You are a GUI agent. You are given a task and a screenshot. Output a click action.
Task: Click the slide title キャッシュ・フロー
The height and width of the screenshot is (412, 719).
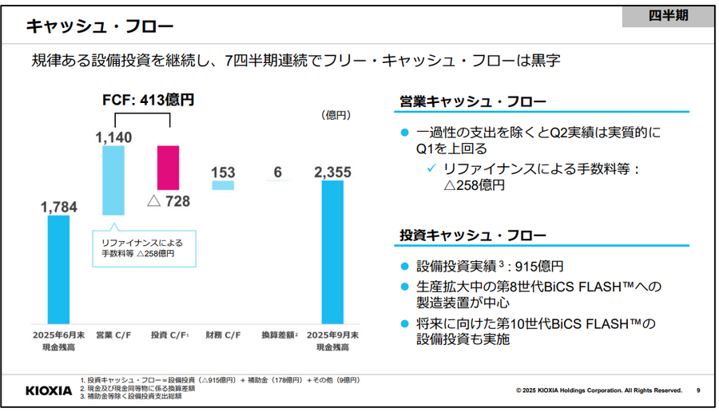coord(100,27)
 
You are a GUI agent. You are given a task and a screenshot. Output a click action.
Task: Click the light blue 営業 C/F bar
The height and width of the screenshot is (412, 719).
coord(113,180)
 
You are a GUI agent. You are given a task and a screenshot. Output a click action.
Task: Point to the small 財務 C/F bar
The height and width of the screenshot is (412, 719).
coord(223,185)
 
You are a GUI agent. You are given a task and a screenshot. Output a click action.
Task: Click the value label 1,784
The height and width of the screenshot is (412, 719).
coord(58,208)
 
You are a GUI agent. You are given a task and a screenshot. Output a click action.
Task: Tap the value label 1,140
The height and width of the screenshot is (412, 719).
coord(113,138)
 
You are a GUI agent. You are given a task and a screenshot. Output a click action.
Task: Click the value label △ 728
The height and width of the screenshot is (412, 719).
coord(169,200)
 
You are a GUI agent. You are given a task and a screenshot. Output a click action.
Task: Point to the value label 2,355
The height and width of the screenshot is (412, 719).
coord(332,172)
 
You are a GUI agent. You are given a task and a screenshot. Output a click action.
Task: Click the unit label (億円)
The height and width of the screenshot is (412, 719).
coord(335,116)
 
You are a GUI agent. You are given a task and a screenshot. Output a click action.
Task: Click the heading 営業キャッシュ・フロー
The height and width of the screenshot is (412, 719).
coord(473,102)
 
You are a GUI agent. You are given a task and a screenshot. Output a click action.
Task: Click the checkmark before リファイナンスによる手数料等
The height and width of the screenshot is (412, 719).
coord(431,168)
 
